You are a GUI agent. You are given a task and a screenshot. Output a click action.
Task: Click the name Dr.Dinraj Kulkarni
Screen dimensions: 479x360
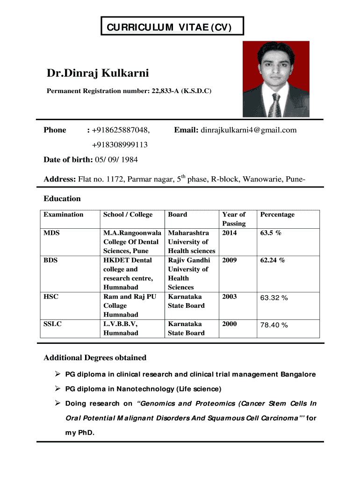tap(97, 73)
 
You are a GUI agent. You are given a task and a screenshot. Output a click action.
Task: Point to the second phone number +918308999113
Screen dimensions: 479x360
tap(120, 145)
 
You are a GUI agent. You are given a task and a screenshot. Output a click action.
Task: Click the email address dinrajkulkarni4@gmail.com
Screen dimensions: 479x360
tap(249, 130)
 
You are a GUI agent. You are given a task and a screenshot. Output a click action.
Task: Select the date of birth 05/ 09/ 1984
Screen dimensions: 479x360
tap(116, 160)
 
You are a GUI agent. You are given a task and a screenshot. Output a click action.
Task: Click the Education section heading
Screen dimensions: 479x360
tap(62, 198)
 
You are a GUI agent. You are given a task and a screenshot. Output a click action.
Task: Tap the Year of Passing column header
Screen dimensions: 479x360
tap(234, 219)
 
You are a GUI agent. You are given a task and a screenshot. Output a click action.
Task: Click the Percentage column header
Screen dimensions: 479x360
tap(277, 215)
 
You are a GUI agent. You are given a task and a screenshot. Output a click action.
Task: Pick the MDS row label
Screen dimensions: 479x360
tap(51, 232)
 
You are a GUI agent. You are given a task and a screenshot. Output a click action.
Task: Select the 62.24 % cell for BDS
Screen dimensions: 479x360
tap(273, 260)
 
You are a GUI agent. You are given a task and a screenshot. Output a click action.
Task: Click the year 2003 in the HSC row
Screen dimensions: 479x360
tap(229, 297)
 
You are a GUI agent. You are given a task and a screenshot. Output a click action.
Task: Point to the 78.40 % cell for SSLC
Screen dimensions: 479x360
tap(274, 325)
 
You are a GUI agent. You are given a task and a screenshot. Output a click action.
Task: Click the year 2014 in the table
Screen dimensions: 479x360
tap(229, 232)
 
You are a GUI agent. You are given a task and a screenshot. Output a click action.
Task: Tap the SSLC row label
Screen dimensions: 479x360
tap(52, 324)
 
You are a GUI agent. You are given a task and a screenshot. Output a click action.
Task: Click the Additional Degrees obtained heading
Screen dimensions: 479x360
tap(95, 358)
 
